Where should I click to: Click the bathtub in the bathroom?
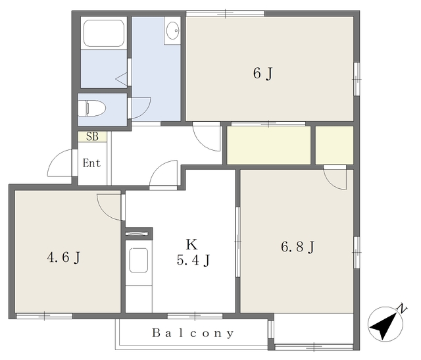pyautogui.click(x=104, y=33)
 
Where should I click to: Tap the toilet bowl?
pyautogui.click(x=92, y=108)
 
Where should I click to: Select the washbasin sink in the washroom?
pyautogui.click(x=172, y=30)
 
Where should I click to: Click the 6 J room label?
pyautogui.click(x=262, y=73)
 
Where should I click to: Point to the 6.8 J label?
pyautogui.click(x=297, y=247)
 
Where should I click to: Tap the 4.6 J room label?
pyautogui.click(x=64, y=257)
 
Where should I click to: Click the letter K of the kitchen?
pyautogui.click(x=191, y=244)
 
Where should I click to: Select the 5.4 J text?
pyautogui.click(x=193, y=260)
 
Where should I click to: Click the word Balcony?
pyautogui.click(x=193, y=333)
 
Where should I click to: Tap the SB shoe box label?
pyautogui.click(x=92, y=136)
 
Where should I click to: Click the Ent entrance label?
pyautogui.click(x=91, y=163)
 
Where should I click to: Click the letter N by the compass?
pyautogui.click(x=402, y=309)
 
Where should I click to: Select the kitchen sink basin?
pyautogui.click(x=139, y=260)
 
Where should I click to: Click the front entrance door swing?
pyautogui.click(x=60, y=163)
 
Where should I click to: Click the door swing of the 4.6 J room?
pyautogui.click(x=109, y=207)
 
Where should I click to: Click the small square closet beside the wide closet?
pyautogui.click(x=334, y=145)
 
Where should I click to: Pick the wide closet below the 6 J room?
pyautogui.click(x=269, y=145)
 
